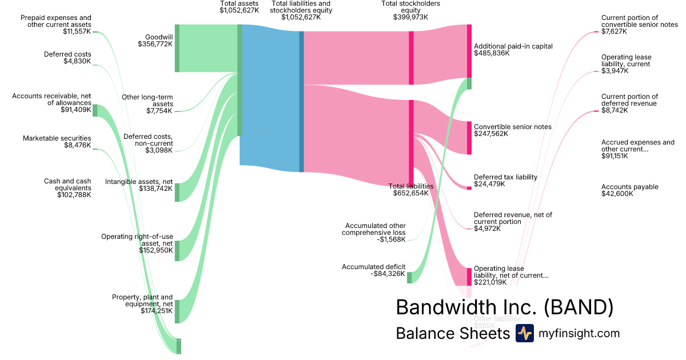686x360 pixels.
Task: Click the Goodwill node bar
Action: (x=177, y=49)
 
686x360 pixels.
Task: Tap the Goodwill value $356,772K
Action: (x=155, y=44)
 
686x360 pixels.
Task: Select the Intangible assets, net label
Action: (x=139, y=182)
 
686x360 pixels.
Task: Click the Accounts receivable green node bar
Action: (x=95, y=110)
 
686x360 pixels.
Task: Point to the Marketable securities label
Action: (x=57, y=138)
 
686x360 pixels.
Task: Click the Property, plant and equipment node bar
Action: (x=177, y=311)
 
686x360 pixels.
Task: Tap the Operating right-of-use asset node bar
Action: (x=177, y=250)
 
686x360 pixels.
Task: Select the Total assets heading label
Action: (x=238, y=3)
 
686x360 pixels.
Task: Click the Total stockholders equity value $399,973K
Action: (x=410, y=17)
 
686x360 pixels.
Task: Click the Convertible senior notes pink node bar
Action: (x=469, y=138)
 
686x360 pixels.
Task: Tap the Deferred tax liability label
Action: (x=505, y=177)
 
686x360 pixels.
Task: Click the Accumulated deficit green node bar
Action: (x=409, y=278)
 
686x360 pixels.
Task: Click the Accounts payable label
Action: (x=629, y=187)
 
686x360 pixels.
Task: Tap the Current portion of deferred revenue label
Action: (x=629, y=100)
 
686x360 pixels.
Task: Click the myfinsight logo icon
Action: (x=524, y=333)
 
